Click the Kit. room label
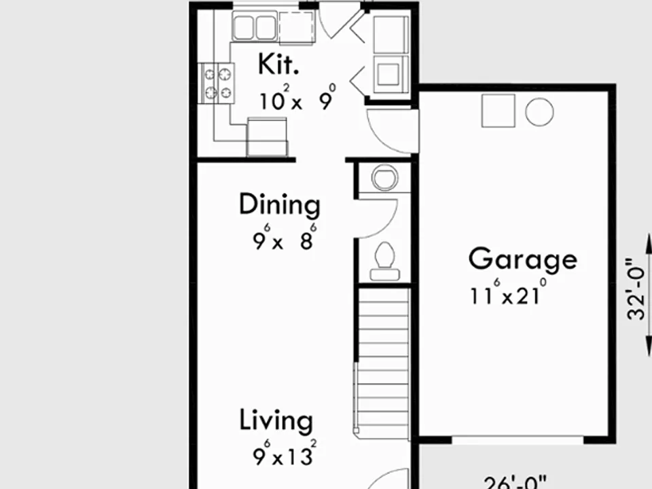(278, 65)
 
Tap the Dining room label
(280, 204)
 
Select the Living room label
(276, 420)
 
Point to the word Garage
(523, 260)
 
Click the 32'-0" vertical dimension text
(636, 289)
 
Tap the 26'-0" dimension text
(515, 483)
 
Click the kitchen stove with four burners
(218, 83)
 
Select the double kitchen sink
(255, 26)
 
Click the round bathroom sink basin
(384, 177)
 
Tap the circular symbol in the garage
(539, 112)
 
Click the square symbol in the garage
(498, 111)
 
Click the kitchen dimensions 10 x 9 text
(297, 98)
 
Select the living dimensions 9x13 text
(285, 453)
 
